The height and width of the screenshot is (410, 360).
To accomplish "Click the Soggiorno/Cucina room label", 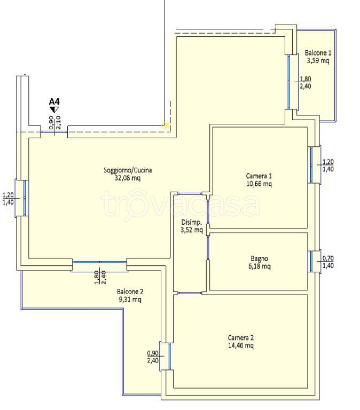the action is pos(128,170).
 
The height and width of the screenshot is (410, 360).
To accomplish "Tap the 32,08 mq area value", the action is pos(128,178).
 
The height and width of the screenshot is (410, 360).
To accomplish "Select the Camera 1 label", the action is pos(259,176).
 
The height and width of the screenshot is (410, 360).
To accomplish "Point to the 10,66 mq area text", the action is pos(259,184).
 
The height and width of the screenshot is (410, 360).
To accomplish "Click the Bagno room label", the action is pos(259,258).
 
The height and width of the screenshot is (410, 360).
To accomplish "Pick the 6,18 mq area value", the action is pos(259,266).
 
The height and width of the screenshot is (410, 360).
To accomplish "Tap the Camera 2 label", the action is pos(241,337).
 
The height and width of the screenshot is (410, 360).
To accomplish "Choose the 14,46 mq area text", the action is pos(241,346).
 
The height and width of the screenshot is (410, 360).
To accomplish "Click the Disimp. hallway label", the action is pos(192,223).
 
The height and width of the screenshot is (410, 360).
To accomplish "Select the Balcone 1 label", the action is pos(318,53).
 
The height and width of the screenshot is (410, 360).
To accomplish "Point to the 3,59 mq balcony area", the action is pos(318,61).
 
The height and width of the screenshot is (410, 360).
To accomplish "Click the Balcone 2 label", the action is pos(130,291).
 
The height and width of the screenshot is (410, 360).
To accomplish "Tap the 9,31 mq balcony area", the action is pos(130,299).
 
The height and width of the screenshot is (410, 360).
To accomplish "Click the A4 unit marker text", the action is pos(54,101).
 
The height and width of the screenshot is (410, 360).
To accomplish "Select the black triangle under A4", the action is pos(54,109).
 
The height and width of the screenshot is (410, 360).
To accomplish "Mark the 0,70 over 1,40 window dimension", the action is pos(328,262).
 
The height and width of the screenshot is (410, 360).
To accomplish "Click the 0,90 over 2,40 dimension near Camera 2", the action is pos(153,357).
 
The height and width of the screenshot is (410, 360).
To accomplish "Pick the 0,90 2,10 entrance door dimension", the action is pos(55,122).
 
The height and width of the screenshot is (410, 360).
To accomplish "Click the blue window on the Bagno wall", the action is pos(311,262).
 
